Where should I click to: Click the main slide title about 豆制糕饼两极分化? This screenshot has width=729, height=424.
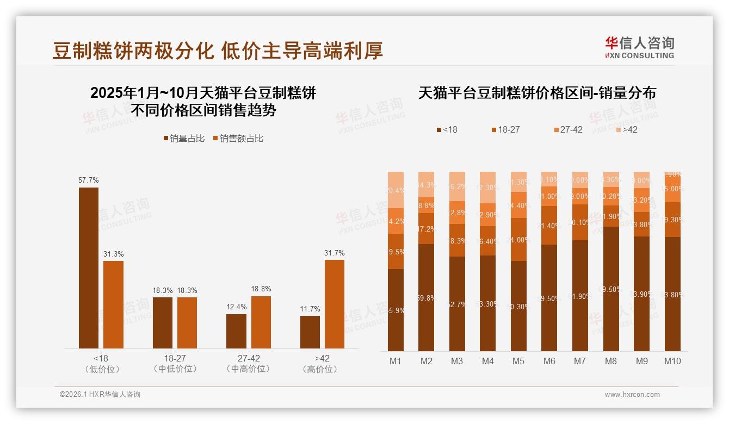(218, 50)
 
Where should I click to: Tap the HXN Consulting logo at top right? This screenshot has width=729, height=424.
(639, 47)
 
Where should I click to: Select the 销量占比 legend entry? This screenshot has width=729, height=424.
(184, 139)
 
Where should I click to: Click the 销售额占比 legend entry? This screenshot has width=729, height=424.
(238, 139)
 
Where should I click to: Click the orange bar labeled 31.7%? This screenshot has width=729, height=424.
(335, 304)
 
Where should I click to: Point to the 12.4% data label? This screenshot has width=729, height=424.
(236, 307)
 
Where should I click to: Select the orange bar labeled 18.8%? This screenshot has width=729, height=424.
(261, 322)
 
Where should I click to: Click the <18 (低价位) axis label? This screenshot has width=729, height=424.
(102, 364)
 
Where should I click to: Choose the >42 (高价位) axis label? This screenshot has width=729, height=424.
(322, 364)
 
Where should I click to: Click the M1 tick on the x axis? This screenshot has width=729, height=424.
(396, 361)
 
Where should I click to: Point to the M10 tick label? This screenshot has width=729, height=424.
(672, 361)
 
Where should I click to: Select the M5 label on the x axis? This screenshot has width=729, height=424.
(518, 361)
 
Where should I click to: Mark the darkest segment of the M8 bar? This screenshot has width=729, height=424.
(611, 289)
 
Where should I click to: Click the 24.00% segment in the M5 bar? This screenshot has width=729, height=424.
(518, 240)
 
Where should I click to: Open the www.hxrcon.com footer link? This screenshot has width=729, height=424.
(632, 395)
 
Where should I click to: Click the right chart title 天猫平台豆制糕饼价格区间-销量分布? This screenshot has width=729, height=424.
(537, 93)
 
